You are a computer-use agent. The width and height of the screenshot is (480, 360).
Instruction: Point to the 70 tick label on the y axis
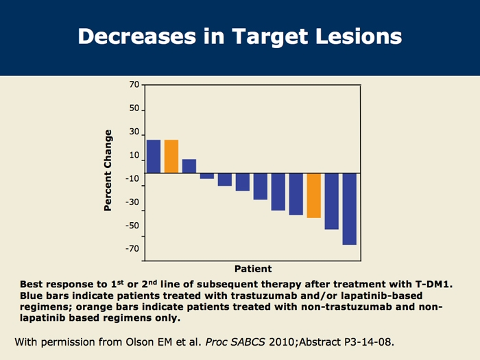(x=134, y=85)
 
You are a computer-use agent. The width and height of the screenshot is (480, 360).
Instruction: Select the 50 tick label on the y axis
(x=134, y=109)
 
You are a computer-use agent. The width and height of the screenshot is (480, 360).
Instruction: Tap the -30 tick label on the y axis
(x=132, y=202)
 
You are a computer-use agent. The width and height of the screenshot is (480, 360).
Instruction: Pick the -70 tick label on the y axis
(x=132, y=248)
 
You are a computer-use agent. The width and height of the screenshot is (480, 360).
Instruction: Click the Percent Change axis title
(x=108, y=169)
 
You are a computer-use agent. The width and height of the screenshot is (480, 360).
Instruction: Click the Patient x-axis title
(x=253, y=269)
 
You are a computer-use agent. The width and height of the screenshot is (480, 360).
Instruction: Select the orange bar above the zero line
(x=171, y=156)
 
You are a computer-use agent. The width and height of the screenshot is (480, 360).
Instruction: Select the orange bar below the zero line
(x=313, y=195)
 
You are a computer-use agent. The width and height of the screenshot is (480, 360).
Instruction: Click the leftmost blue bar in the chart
(x=154, y=156)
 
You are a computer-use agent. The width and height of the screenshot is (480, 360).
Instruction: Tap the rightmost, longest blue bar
(x=350, y=208)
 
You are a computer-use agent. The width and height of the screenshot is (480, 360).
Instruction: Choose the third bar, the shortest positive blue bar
(x=189, y=166)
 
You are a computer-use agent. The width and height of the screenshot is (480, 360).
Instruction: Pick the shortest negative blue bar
(x=207, y=176)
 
